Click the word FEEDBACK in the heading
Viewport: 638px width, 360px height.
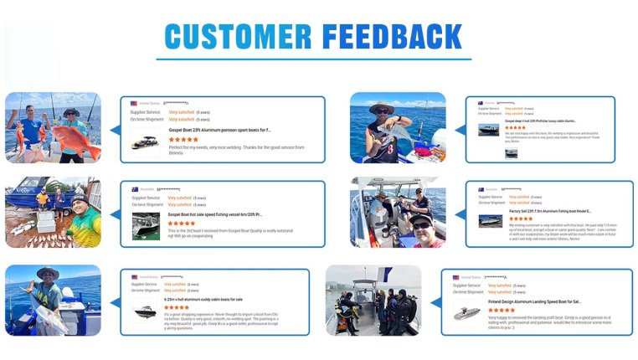392,37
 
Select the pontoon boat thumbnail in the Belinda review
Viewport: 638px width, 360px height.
145,141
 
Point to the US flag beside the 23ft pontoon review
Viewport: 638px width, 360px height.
134,103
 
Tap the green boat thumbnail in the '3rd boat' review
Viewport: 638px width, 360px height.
146,226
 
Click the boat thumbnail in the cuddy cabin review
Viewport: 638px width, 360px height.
145,311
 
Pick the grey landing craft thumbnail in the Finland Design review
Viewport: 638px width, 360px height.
466,312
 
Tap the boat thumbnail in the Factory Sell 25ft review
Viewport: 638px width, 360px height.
490,222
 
